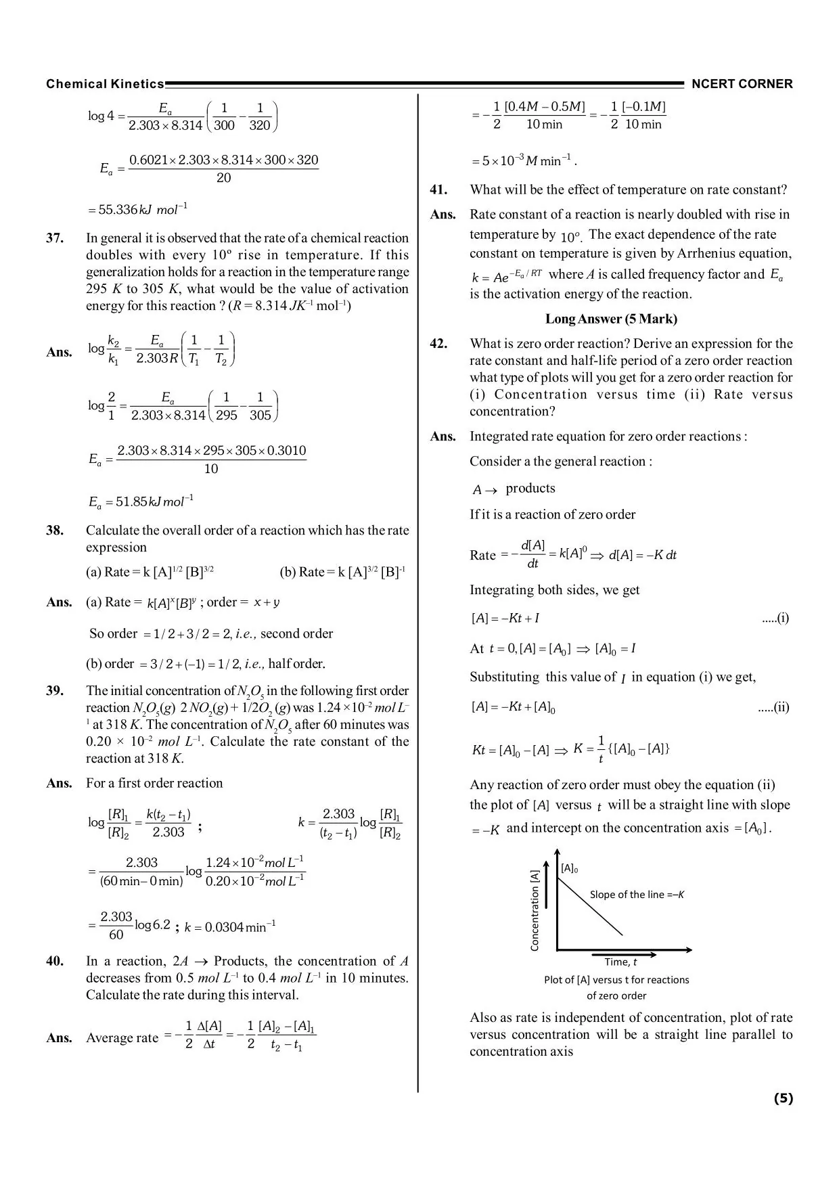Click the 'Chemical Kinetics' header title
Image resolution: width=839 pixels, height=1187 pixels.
coord(105,84)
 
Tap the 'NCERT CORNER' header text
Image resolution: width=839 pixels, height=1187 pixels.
coord(742,84)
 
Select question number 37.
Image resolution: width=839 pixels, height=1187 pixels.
coord(55,238)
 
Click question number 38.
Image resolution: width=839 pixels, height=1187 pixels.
coord(55,531)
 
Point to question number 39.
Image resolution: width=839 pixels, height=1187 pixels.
coord(55,691)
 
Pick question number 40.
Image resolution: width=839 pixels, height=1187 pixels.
coord(55,962)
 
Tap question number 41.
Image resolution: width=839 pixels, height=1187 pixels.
coord(438,190)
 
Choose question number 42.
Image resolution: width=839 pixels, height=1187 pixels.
coord(438,344)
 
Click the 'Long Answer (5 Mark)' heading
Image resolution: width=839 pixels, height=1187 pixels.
coord(611,319)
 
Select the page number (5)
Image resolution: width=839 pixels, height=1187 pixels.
coord(783,1098)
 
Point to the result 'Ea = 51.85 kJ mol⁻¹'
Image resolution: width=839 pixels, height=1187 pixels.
coord(141,502)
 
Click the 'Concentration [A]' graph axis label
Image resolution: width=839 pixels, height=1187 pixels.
coord(535,910)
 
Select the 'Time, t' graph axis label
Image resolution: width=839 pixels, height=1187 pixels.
coord(620,962)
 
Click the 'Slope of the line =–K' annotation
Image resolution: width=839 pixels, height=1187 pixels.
coord(637,895)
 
